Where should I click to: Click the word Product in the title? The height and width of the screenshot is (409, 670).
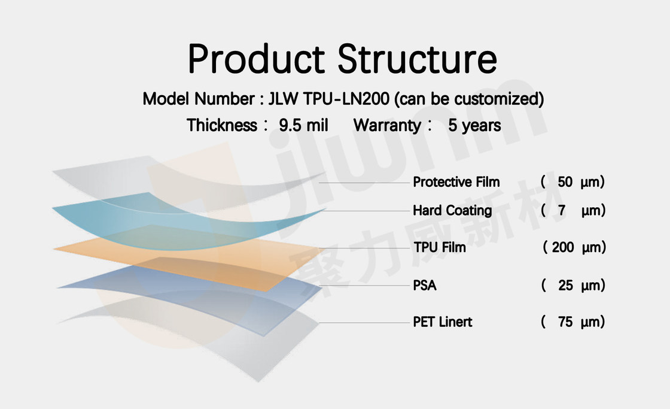pyautogui.click(x=257, y=59)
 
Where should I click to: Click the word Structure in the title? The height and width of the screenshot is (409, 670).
pyautogui.click(x=418, y=59)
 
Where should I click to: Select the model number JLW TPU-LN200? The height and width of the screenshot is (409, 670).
pyautogui.click(x=328, y=99)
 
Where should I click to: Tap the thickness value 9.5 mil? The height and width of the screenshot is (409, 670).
pyautogui.click(x=303, y=125)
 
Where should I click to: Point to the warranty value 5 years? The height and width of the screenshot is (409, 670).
pyautogui.click(x=474, y=125)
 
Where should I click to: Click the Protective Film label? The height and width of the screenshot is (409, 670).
pyautogui.click(x=456, y=182)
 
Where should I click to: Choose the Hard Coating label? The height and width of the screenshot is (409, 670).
pyautogui.click(x=452, y=210)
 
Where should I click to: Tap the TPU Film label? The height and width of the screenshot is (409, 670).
pyautogui.click(x=440, y=247)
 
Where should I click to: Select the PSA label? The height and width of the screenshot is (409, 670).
pyautogui.click(x=425, y=286)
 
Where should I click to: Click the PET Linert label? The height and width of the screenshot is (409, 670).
pyautogui.click(x=443, y=322)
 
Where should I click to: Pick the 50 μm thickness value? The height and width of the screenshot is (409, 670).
pyautogui.click(x=572, y=182)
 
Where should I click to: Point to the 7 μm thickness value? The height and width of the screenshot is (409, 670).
pyautogui.click(x=573, y=210)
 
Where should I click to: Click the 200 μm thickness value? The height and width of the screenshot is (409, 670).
pyautogui.click(x=575, y=247)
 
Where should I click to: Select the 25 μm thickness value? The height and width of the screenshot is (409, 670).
pyautogui.click(x=573, y=286)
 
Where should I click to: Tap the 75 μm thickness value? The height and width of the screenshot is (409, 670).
pyautogui.click(x=573, y=322)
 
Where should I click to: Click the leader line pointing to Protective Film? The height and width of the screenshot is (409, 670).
pyautogui.click(x=364, y=183)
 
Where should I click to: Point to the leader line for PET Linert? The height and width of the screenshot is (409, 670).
pyautogui.click(x=364, y=323)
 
